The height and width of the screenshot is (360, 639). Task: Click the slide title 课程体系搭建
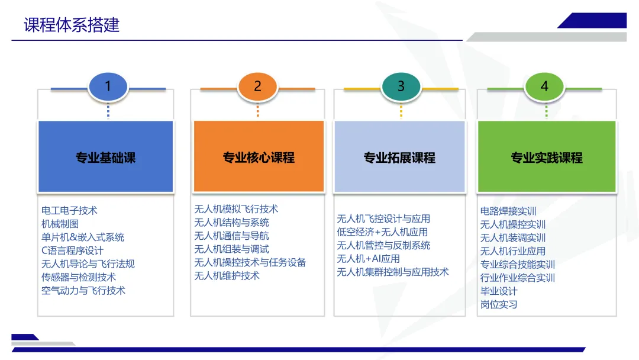72,25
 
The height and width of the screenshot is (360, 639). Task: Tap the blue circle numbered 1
108,86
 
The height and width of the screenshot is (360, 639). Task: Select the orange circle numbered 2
257,86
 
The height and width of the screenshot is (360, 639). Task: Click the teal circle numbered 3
401,86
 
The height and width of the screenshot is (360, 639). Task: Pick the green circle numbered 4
544,86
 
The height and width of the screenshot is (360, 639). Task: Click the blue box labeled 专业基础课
106,157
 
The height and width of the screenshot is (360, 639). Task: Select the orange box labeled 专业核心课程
259,157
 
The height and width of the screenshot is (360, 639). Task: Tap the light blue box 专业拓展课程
399,157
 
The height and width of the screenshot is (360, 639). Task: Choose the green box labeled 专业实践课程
547,157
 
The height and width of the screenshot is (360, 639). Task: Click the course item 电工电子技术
69,210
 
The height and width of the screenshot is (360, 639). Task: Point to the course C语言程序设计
72,250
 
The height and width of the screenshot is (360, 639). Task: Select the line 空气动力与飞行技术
83,290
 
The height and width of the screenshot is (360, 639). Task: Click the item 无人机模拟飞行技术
236,209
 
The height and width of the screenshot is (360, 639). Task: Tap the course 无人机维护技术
227,275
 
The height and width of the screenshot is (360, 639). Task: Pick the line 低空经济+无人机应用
382,232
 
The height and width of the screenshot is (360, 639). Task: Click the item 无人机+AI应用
368,258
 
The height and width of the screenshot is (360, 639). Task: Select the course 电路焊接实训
508,211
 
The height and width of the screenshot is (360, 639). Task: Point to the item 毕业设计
499,291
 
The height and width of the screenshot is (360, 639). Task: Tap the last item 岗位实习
499,304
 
